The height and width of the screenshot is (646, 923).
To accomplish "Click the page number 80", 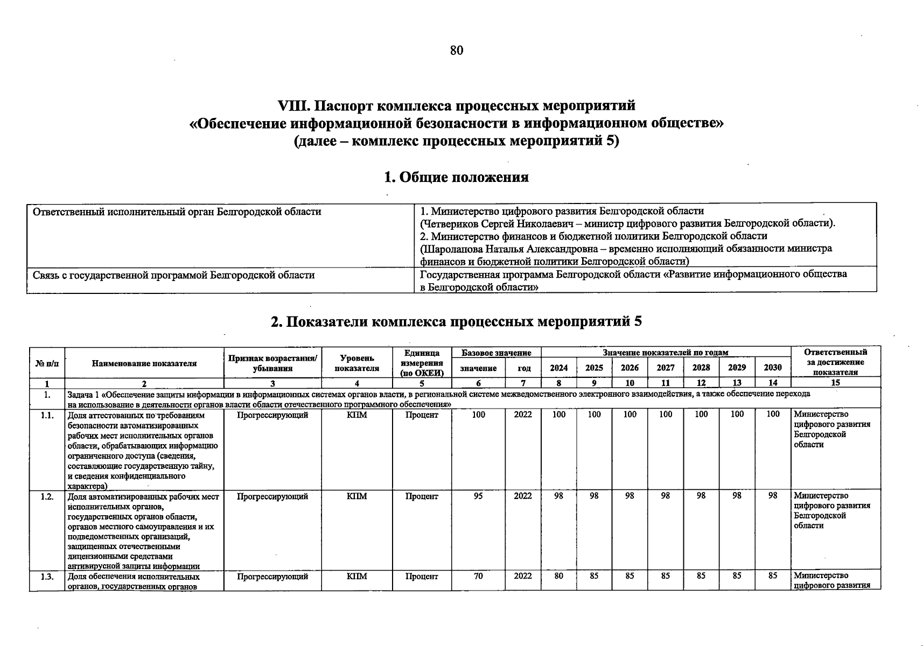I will [x=456, y=51].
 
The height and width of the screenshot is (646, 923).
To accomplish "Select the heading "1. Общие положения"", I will [x=456, y=177].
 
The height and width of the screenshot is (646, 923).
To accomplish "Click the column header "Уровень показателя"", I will [x=356, y=363].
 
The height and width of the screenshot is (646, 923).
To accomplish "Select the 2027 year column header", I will [x=665, y=368].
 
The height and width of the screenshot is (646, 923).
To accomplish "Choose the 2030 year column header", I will [x=772, y=368].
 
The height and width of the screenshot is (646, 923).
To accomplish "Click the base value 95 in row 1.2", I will [x=478, y=496].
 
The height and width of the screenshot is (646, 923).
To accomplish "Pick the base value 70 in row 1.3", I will [x=478, y=576].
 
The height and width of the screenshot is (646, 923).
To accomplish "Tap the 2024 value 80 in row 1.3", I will [x=558, y=576].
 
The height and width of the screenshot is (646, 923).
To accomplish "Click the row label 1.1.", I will [x=47, y=415].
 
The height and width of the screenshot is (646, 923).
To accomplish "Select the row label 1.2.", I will [x=47, y=496].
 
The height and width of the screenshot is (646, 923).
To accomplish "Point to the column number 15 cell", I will [x=835, y=383].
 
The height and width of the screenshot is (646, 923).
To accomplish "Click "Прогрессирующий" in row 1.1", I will [x=272, y=415].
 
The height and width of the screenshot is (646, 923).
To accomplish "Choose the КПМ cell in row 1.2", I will [x=356, y=496].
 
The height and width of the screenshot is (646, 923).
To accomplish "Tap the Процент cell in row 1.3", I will [x=422, y=576].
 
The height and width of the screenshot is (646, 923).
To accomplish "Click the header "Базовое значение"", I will [x=497, y=353].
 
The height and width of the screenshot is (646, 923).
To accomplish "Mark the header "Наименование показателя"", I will [x=144, y=363].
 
